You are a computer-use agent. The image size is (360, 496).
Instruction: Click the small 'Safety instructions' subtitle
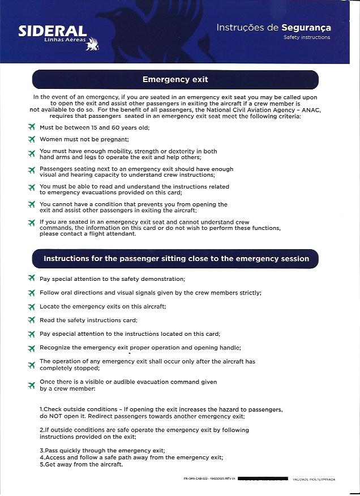307,37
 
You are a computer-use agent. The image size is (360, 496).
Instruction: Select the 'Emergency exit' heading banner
175,80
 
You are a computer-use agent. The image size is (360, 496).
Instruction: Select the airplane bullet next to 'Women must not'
32,139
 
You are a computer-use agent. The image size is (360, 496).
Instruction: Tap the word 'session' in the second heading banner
295,259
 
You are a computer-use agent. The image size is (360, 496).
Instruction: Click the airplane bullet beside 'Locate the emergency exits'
32,306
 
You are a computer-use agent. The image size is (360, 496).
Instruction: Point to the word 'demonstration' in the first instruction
160,279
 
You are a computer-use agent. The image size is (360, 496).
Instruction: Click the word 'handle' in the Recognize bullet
229,347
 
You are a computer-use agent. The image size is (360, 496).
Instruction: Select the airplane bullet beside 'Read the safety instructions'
32,320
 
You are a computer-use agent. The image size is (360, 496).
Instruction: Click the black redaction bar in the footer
263,480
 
